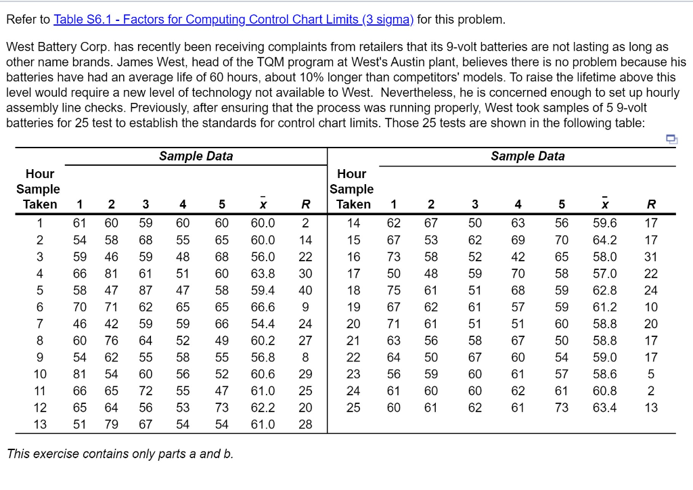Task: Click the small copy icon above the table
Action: click(x=671, y=139)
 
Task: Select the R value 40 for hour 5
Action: click(x=305, y=290)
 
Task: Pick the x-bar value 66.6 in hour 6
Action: click(x=263, y=307)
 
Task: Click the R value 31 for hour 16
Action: click(x=650, y=257)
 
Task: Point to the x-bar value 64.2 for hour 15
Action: click(x=604, y=240)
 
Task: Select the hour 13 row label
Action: click(x=40, y=424)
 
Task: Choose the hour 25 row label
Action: click(x=353, y=407)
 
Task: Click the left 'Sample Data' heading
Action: click(x=196, y=156)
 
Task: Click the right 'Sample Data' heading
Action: click(x=527, y=156)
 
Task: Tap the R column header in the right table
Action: click(x=650, y=204)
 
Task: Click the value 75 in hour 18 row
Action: click(x=393, y=290)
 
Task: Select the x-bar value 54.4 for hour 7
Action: click(x=263, y=324)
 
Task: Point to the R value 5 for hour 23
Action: click(x=650, y=374)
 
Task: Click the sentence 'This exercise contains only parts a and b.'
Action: click(x=120, y=453)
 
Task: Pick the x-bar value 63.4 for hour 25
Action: click(x=604, y=407)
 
